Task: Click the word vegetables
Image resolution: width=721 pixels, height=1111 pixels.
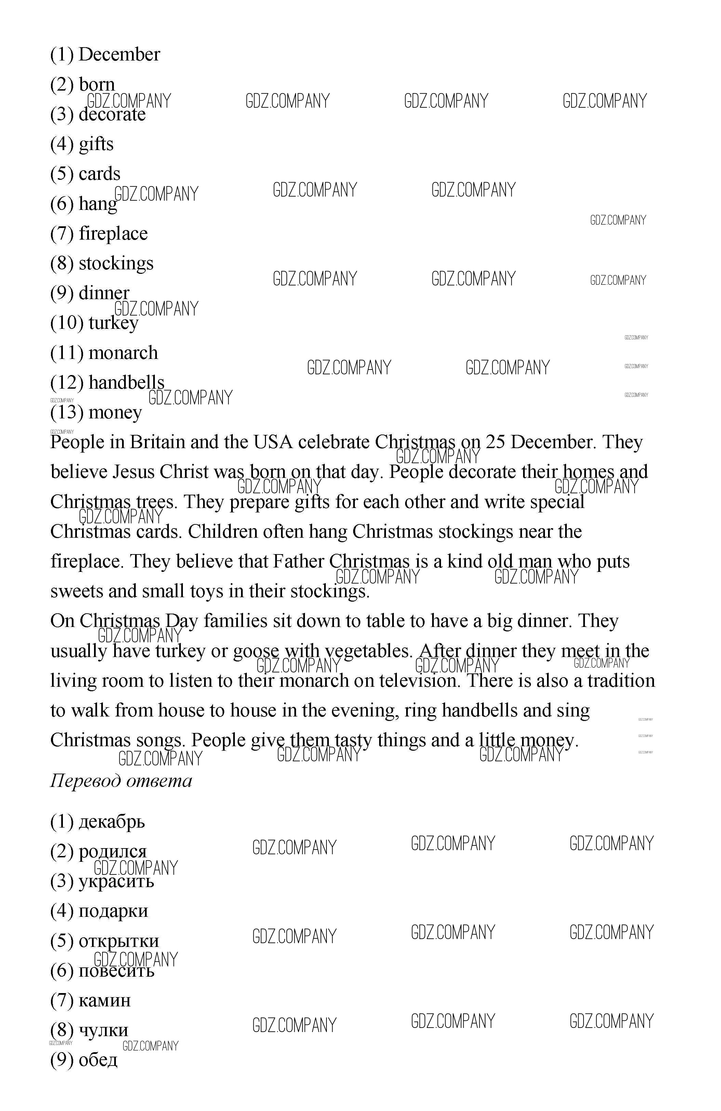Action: click(369, 651)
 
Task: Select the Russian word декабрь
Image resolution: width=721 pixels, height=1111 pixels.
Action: click(111, 821)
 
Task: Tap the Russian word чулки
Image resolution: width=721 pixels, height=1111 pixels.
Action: click(103, 1030)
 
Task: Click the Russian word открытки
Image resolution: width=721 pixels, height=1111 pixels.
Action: click(119, 941)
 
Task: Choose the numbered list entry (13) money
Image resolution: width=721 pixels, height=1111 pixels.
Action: click(96, 412)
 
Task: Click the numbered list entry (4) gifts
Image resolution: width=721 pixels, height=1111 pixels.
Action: click(82, 144)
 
